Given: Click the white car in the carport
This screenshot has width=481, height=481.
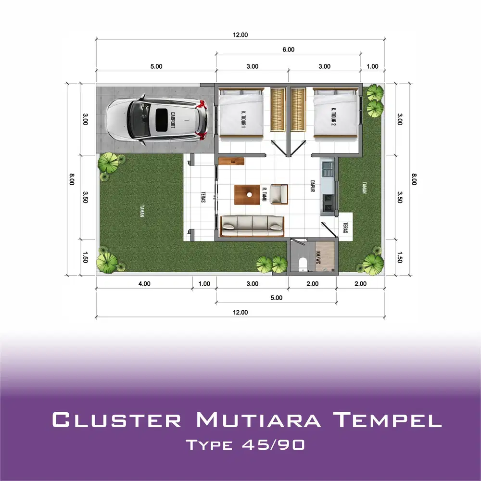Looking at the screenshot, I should [x=156, y=122].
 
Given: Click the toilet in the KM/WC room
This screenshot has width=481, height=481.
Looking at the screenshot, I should [x=303, y=264].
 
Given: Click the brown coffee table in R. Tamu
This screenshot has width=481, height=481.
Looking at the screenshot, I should [x=249, y=194].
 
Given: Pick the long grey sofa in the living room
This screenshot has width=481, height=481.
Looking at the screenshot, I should [x=252, y=226].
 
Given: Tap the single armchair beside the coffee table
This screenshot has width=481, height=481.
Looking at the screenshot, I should [x=279, y=194].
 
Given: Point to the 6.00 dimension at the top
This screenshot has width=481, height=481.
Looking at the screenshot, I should [x=288, y=50].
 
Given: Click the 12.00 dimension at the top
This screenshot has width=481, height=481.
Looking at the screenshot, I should [x=240, y=35].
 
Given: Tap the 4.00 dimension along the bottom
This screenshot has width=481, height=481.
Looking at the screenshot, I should [x=144, y=284].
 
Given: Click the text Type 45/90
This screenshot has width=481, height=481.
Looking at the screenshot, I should [x=245, y=445].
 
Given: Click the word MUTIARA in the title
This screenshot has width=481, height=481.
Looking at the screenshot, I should [x=258, y=419].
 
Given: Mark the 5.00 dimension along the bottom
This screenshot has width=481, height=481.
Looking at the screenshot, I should [x=276, y=298].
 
